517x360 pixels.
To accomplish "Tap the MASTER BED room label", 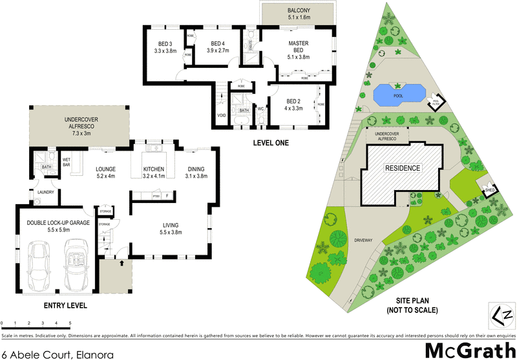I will [299, 47].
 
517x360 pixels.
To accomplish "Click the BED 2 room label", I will [294, 101].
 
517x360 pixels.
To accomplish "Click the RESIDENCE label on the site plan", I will [403, 168].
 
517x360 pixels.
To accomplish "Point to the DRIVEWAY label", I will [363, 240].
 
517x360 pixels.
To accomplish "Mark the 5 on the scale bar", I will [70, 322].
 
